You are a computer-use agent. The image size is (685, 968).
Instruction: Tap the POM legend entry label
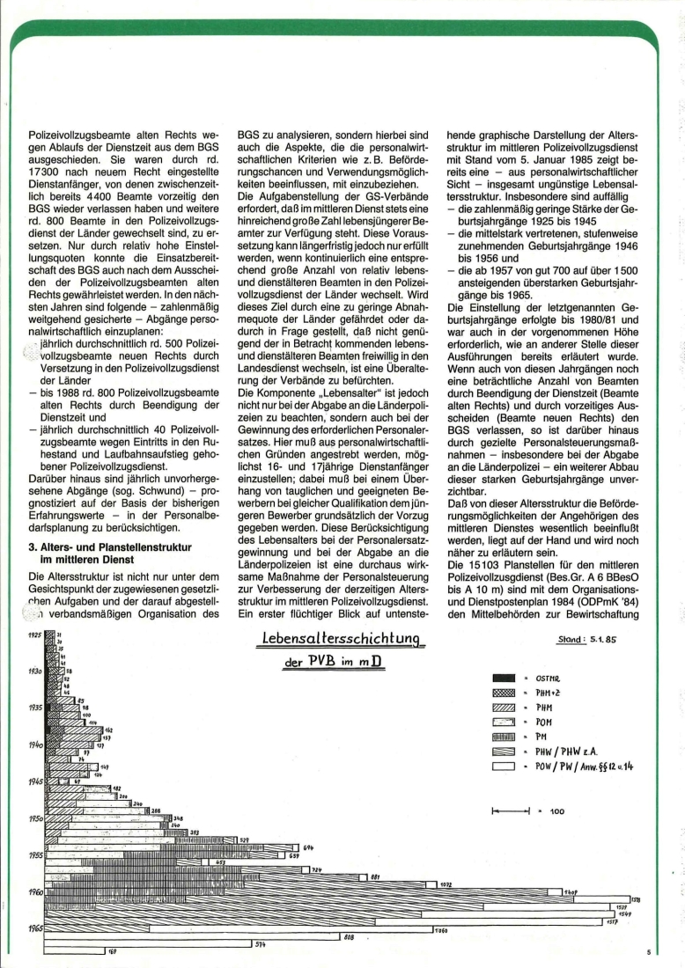(x=544, y=722)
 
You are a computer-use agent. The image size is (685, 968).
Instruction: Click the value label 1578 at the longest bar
(x=636, y=898)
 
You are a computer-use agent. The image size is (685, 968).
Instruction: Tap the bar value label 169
(x=112, y=952)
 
